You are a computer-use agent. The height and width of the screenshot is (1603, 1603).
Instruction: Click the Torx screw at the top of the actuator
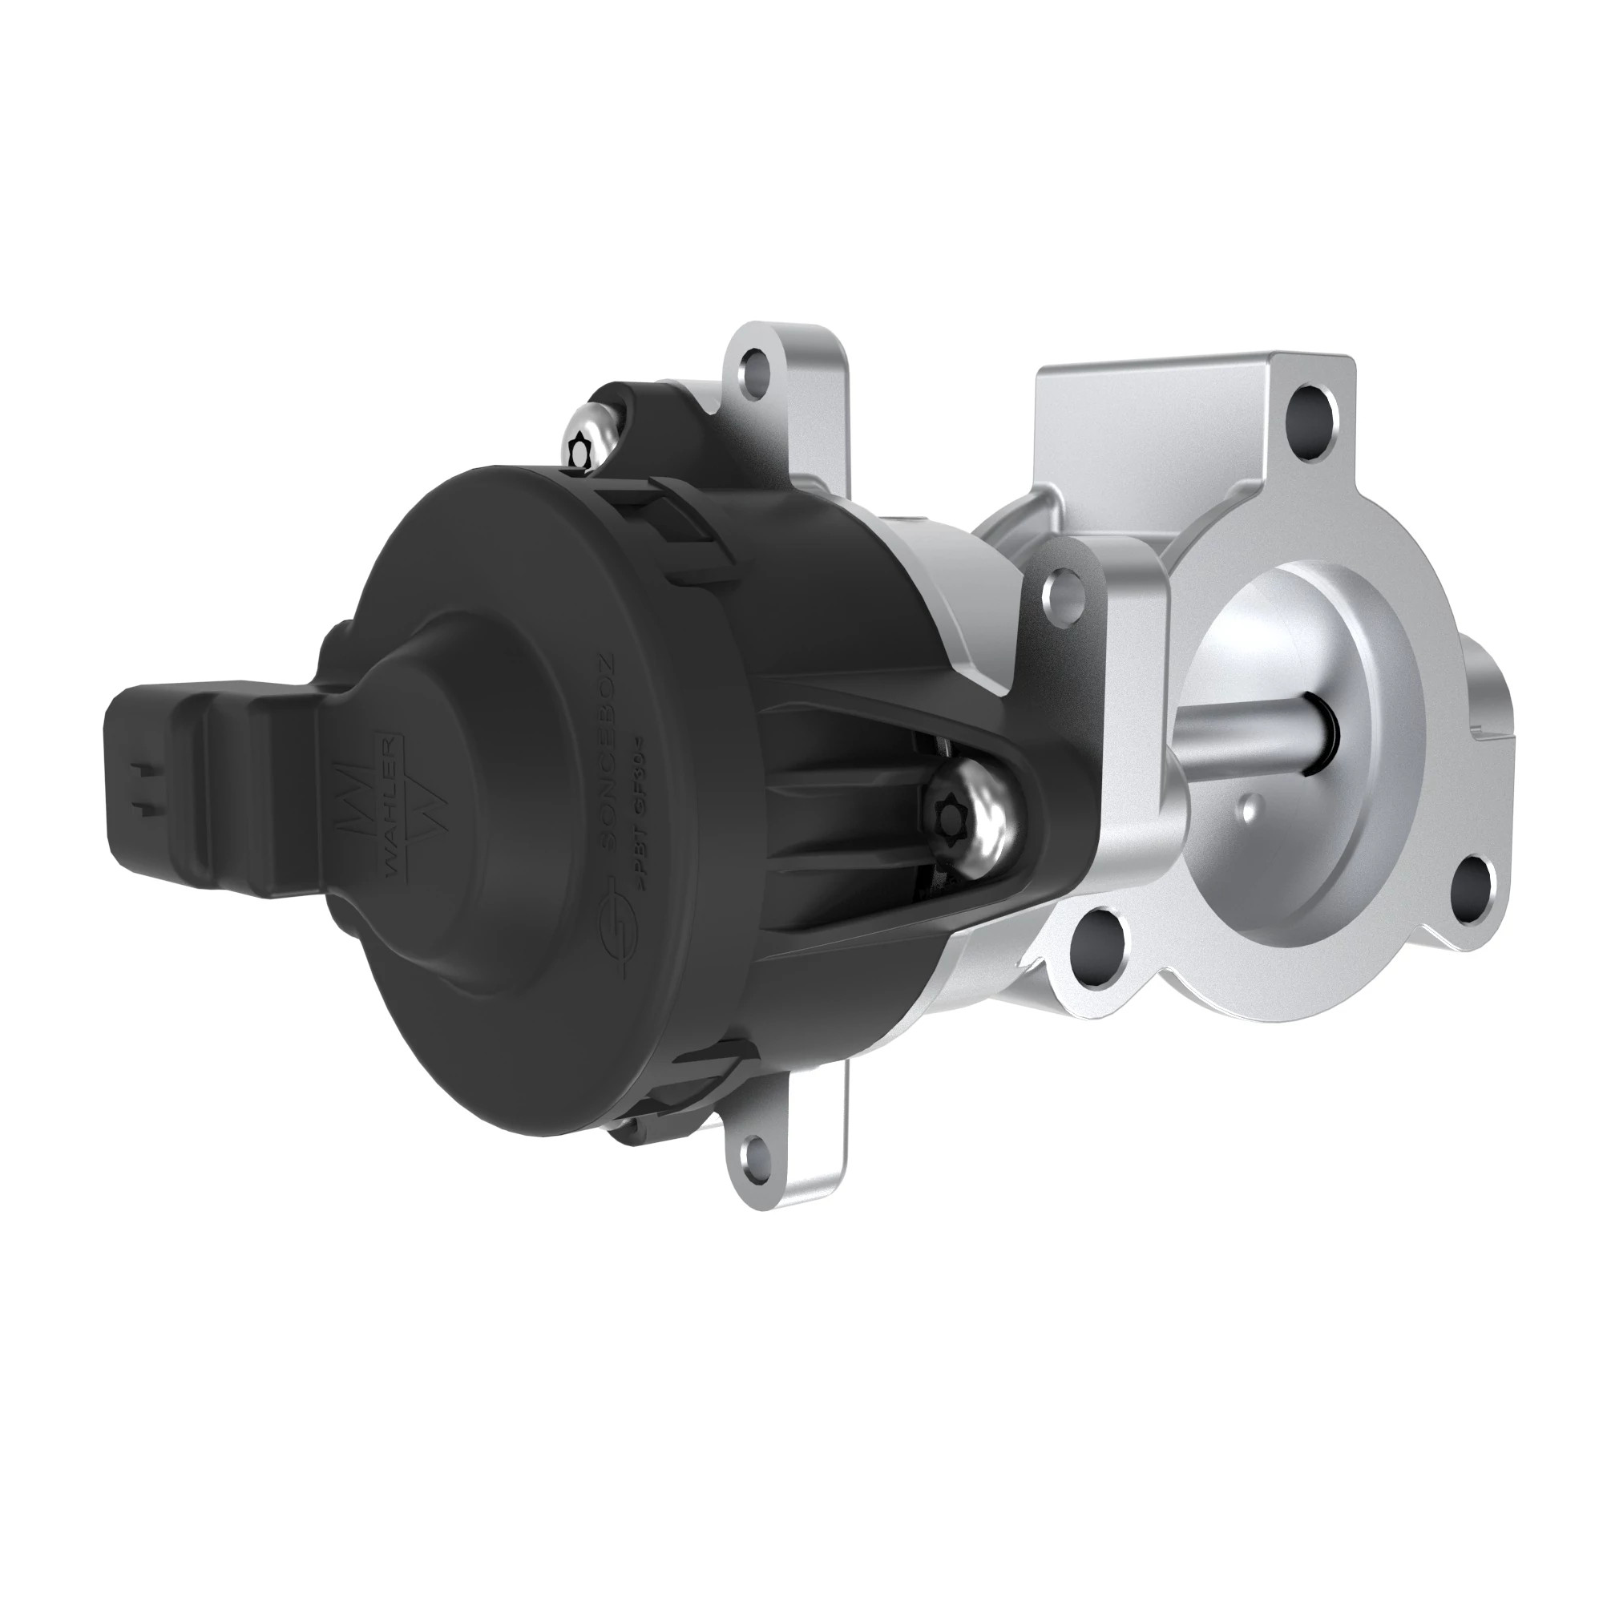(x=581, y=448)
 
